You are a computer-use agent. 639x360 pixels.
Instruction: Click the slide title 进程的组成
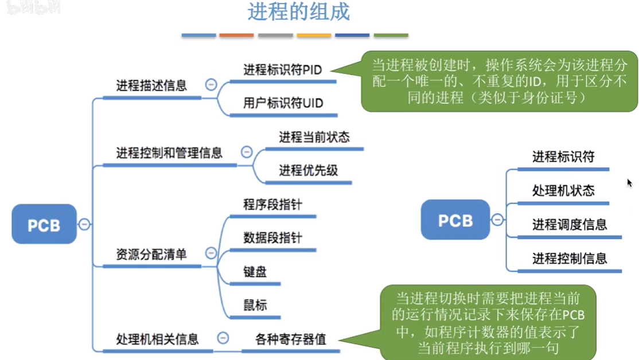[298, 13]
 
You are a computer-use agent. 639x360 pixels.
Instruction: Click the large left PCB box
[44, 224]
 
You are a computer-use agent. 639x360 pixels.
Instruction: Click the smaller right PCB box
[455, 220]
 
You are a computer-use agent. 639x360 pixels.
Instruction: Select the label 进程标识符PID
[283, 70]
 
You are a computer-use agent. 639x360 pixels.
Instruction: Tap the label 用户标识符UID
[283, 103]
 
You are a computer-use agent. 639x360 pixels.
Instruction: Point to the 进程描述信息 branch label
[151, 86]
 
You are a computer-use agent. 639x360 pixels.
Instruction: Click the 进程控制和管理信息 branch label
[169, 153]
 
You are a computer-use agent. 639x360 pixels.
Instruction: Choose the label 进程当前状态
[314, 137]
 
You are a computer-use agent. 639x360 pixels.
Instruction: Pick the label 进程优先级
[309, 170]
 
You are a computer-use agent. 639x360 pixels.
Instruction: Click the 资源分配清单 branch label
[151, 254]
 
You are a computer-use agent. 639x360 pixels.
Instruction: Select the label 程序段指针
[273, 204]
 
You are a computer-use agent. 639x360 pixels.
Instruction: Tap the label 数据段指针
[273, 237]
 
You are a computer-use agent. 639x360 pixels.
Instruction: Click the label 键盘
[255, 271]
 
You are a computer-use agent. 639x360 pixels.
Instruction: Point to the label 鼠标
[255, 304]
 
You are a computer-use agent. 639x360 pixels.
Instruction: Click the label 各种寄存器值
[291, 339]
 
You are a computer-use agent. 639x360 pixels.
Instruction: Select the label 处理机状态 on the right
[563, 190]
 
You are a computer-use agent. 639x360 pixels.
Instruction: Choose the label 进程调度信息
[570, 224]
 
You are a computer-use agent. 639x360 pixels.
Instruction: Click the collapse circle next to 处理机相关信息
[223, 338]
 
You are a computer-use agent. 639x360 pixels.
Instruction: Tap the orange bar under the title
[236, 36]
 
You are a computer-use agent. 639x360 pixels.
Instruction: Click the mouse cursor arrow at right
[629, 183]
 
